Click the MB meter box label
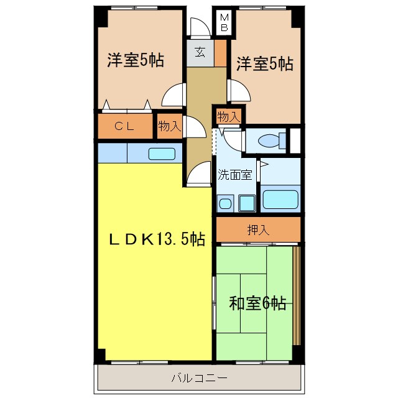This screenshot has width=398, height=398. pos(224,23)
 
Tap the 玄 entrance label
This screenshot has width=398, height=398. pos(200,53)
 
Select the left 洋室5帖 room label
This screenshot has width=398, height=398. pos(136,60)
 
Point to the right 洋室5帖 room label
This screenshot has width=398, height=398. pos(264,63)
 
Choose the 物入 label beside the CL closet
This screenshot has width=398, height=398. pos(169,126)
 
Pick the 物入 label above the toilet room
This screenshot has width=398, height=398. pos(228,116)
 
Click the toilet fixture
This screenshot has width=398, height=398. pos(269,141)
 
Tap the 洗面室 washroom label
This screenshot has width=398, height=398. pos(234,175)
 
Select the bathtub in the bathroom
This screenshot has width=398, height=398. pos(281,199)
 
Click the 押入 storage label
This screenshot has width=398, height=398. pos(259,229)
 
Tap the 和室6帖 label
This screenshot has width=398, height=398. pos(257,303)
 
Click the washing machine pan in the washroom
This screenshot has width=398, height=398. pos(225,203)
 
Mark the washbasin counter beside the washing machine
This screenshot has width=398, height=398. pos(246,202)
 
